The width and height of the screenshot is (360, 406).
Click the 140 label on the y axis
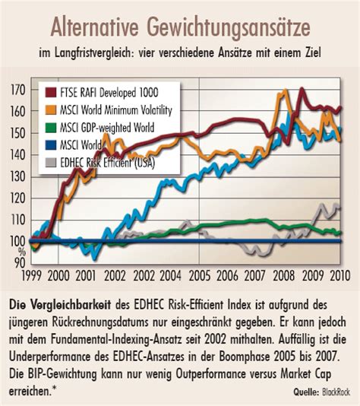(x=19, y=154)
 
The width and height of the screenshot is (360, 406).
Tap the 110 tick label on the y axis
(x=19, y=220)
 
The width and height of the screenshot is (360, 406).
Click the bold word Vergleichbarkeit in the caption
(x=76, y=304)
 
